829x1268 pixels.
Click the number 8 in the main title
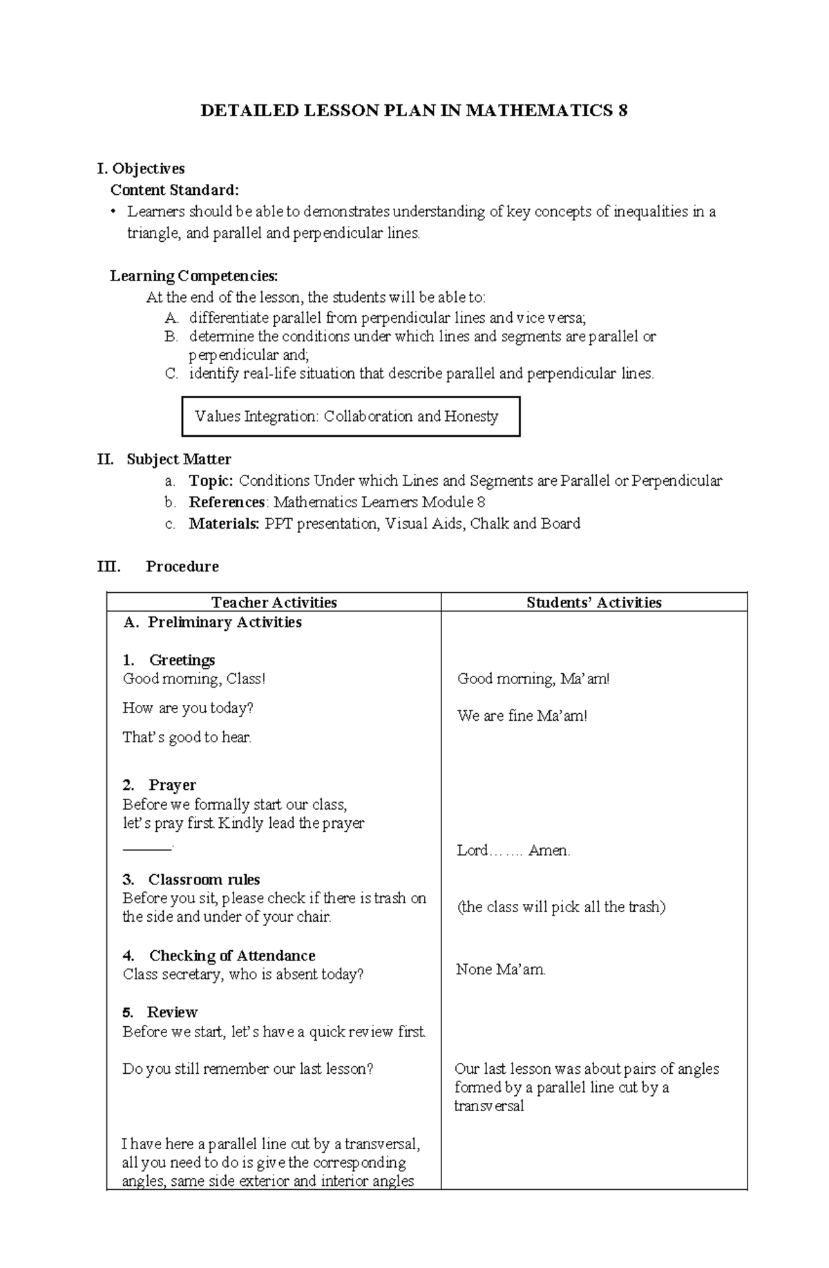click(622, 111)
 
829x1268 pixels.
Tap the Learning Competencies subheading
click(194, 276)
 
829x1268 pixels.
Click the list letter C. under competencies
click(171, 374)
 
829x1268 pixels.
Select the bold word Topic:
click(211, 481)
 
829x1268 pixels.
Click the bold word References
click(227, 502)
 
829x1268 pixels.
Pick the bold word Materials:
click(224, 524)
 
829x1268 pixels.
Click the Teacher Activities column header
click(274, 603)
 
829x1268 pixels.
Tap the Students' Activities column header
click(593, 603)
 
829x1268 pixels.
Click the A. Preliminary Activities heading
click(213, 623)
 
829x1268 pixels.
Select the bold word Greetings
click(182, 660)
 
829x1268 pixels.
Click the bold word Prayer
click(172, 785)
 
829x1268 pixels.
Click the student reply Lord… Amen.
click(513, 851)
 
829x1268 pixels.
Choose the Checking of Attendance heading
click(231, 956)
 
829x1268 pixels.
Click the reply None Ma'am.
click(501, 969)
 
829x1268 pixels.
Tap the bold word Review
click(172, 1012)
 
